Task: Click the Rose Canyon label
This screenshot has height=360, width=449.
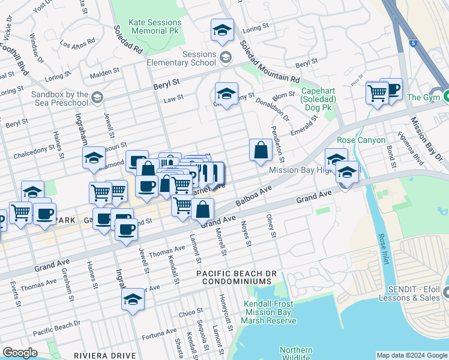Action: (x=355, y=140)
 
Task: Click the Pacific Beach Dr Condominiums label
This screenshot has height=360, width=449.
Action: (x=236, y=277)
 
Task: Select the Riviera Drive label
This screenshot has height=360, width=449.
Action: (x=104, y=355)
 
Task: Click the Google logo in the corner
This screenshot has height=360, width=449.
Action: (x=20, y=353)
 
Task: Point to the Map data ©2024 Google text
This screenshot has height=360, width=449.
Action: (x=412, y=355)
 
